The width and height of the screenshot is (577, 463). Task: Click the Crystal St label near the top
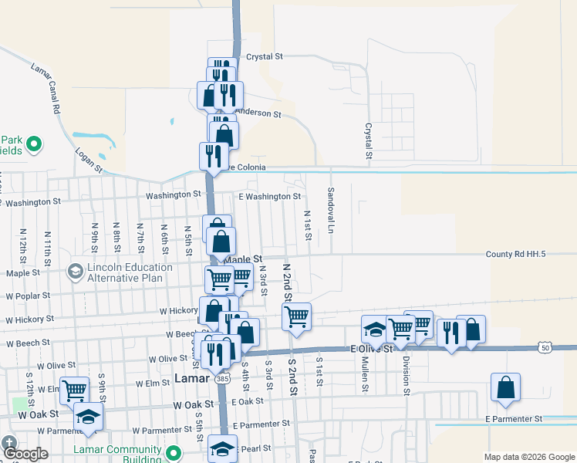[x=265, y=56]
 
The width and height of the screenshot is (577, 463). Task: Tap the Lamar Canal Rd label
[x=46, y=89]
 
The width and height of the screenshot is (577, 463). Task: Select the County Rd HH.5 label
[x=516, y=254]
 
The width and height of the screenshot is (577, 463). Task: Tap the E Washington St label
[x=269, y=197]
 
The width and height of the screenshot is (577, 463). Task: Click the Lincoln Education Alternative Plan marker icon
[x=75, y=272]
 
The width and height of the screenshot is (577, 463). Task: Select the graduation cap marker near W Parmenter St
[x=88, y=417]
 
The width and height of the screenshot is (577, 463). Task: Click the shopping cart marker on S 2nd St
[x=296, y=316]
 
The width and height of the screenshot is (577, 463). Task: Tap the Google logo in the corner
[x=25, y=454]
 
